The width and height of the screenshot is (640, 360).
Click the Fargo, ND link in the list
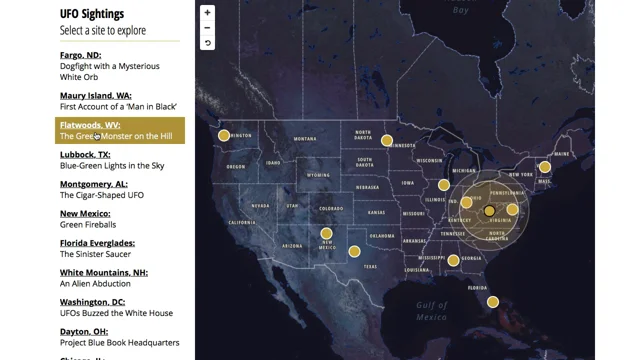tap(80, 55)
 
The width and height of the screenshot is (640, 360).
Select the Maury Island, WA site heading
tap(95, 96)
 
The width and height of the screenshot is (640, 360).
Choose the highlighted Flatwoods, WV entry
tap(90, 126)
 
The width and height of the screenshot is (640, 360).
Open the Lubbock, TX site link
tap(85, 155)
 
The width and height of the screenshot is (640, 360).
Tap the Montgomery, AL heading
tap(93, 184)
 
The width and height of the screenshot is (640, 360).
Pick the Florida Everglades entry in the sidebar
tap(97, 243)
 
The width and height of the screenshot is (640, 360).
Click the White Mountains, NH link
tap(103, 272)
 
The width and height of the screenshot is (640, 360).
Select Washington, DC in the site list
tap(91, 302)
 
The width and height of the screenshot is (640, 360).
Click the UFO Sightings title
tap(92, 14)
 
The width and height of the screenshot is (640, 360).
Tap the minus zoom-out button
tap(207, 28)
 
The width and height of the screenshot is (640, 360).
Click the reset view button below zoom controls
tap(207, 43)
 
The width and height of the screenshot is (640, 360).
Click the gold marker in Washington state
tap(224, 135)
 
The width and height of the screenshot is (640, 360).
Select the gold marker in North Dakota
tap(386, 141)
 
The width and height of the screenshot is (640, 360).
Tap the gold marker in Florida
tap(493, 302)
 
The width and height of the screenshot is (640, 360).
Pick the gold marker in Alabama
tap(453, 260)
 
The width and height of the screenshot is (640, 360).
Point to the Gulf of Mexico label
tap(431, 311)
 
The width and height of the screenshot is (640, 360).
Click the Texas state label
tap(370, 266)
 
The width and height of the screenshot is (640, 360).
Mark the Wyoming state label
tap(318, 175)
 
